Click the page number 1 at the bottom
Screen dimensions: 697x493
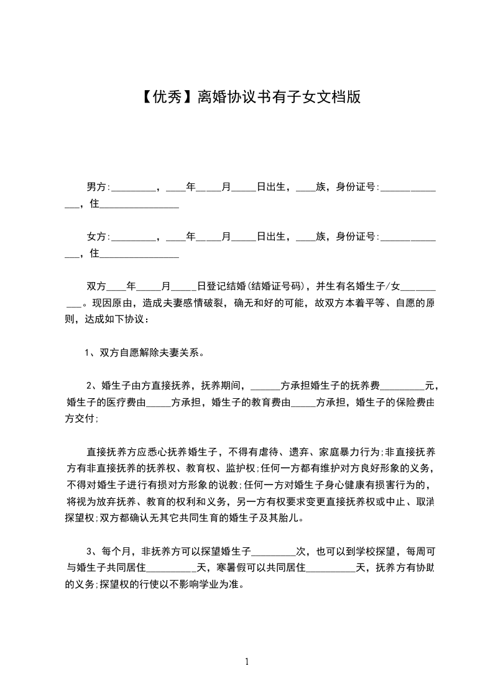tap(247, 662)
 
